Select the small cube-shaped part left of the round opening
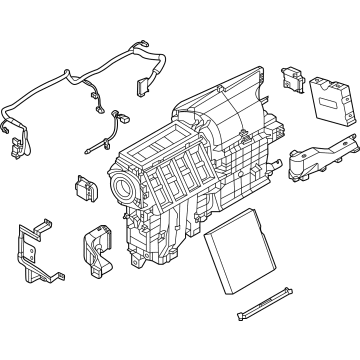[x=83, y=188]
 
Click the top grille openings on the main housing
[x=159, y=150]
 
